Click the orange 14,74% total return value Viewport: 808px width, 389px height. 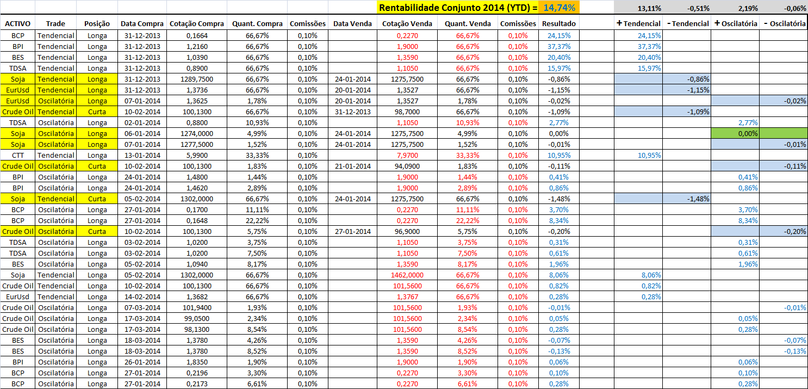pos(560,7)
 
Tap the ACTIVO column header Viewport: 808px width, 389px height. pos(17,24)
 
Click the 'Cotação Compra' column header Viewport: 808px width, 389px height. pos(196,24)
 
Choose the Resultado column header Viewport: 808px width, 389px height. pos(558,24)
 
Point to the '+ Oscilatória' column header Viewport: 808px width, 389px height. pos(736,24)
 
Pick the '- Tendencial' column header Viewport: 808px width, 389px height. pos(687,24)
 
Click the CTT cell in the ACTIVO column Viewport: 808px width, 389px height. pos(17,155)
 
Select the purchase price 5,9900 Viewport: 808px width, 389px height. pos(196,155)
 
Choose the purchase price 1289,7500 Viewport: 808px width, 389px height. pos(196,79)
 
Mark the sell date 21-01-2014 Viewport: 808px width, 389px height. pos(352,166)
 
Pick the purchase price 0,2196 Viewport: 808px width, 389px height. pos(196,373)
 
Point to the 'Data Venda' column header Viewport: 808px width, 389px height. pos(352,24)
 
